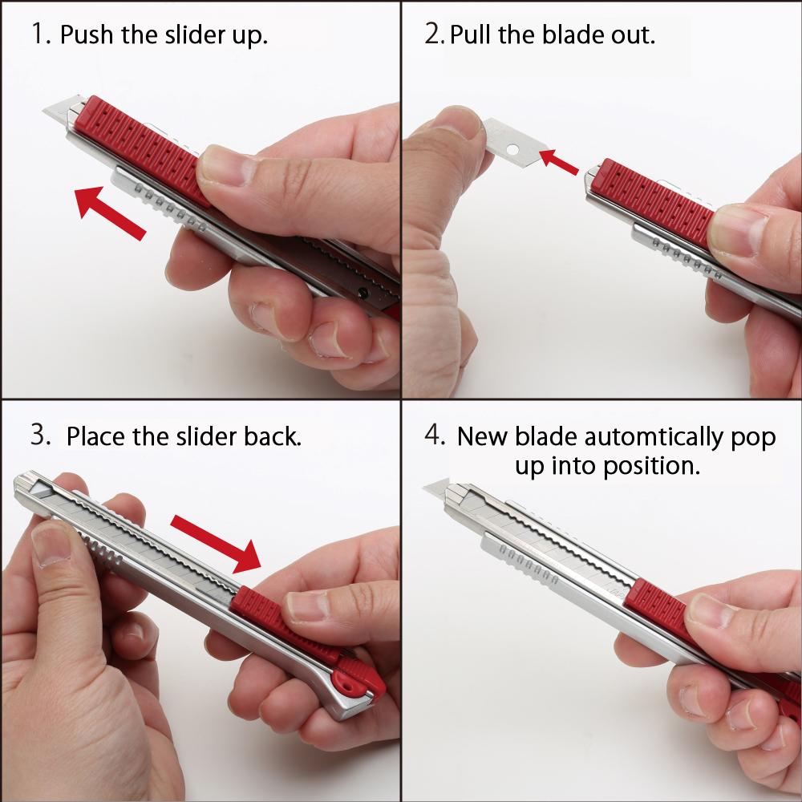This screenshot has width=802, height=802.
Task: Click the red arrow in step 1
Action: point(110,213)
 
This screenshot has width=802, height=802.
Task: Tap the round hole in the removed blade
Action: point(512,150)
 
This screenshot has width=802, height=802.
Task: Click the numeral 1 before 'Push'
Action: point(40,34)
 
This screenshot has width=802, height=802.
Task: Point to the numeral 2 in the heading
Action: point(434,34)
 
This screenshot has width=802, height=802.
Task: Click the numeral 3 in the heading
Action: point(40,435)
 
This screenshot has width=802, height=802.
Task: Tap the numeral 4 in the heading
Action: point(434,435)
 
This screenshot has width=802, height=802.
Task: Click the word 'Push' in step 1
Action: point(87,34)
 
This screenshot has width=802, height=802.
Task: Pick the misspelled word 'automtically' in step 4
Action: point(654,438)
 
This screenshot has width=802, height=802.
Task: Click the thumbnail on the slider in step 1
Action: point(227,166)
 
